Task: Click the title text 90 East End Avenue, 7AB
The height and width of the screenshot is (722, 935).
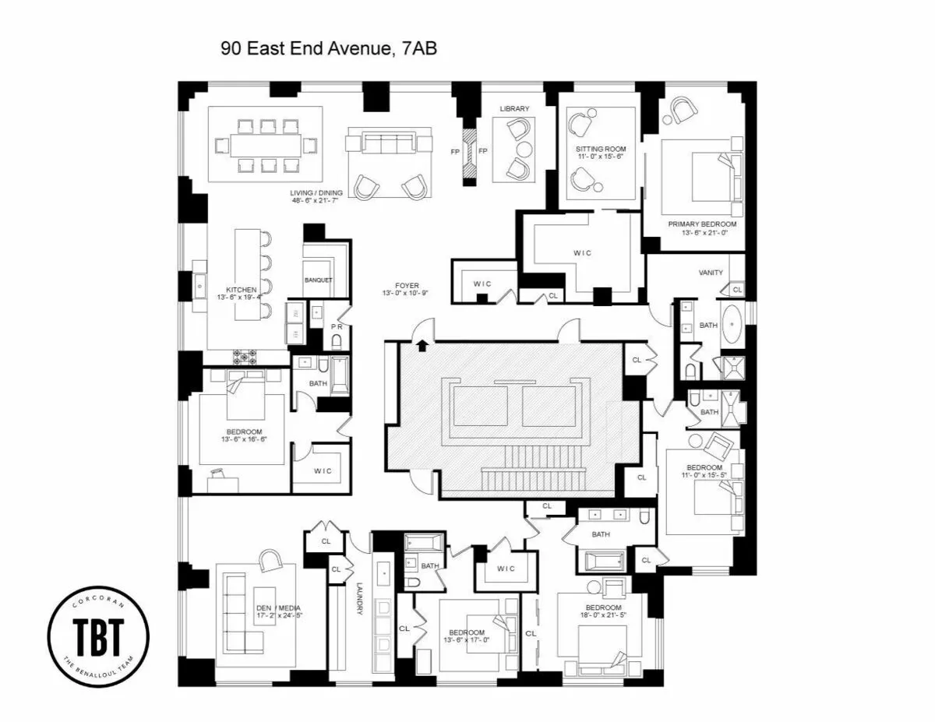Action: (x=329, y=49)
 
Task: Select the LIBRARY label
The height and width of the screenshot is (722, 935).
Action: (x=514, y=109)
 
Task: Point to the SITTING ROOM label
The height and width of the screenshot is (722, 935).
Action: (x=600, y=149)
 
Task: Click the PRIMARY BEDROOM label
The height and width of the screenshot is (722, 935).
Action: (x=701, y=224)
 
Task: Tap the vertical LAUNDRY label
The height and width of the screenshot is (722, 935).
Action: (x=360, y=600)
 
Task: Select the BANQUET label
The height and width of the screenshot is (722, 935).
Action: (x=319, y=280)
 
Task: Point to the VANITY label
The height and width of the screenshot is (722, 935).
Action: (x=710, y=273)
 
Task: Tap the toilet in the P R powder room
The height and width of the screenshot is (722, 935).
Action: (x=337, y=341)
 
